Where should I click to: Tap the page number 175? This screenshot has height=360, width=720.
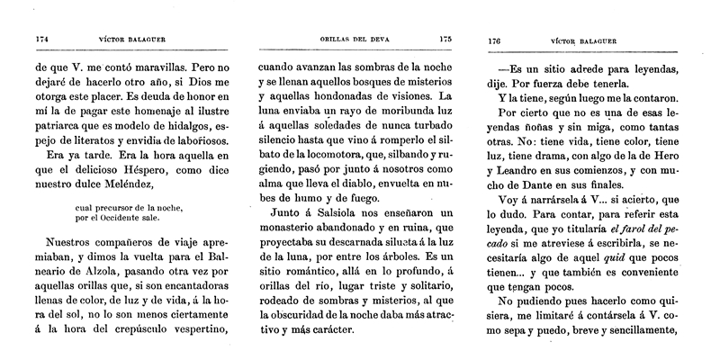coord(445,40)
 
